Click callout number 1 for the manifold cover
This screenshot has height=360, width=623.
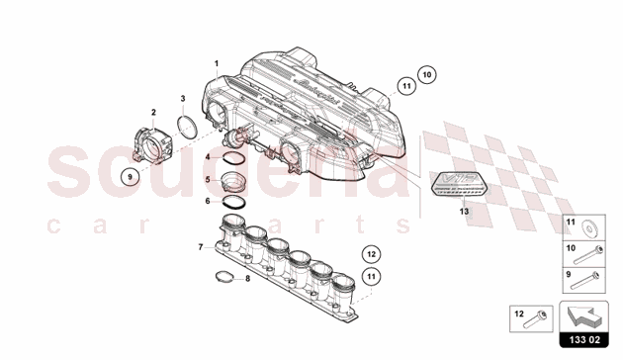pyautogui.click(x=216, y=64)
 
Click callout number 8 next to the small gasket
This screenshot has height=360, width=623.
pyautogui.click(x=220, y=278)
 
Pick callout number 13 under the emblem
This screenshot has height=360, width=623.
pyautogui.click(x=463, y=211)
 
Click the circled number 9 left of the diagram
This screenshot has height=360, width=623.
pyautogui.click(x=128, y=177)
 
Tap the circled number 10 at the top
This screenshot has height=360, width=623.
pyautogui.click(x=426, y=74)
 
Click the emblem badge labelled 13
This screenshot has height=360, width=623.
pyautogui.click(x=463, y=186)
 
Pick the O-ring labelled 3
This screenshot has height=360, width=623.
pyautogui.click(x=185, y=130)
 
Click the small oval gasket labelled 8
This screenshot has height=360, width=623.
pyautogui.click(x=227, y=292)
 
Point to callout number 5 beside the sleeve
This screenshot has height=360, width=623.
pyautogui.click(x=207, y=179)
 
